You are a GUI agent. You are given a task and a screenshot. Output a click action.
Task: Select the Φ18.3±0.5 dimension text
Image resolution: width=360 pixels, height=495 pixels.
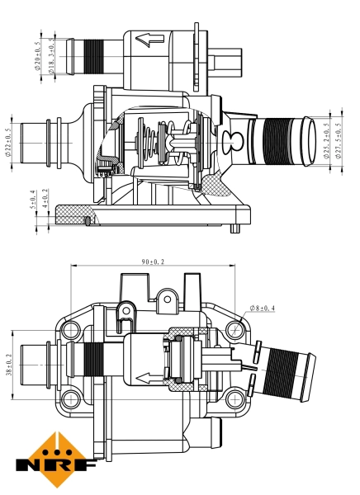[x=51, y=56]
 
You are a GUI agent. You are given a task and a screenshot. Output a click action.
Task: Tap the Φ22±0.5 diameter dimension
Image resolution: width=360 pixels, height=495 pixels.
[x=7, y=142]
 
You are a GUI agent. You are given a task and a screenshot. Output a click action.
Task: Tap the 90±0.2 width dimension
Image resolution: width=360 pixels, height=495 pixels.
[x=152, y=262]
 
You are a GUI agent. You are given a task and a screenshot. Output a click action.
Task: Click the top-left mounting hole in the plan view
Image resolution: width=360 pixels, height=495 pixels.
[x=73, y=331]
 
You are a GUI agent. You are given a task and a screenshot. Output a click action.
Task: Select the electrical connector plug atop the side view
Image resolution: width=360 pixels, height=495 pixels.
[x=227, y=59]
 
